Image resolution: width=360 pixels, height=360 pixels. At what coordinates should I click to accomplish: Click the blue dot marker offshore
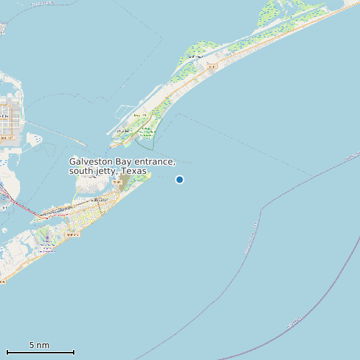179,179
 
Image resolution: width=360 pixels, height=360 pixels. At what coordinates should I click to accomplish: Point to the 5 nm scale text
39,345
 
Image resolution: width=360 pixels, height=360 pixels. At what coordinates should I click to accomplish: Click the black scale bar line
40,352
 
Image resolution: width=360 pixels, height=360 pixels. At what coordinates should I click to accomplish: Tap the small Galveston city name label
99,199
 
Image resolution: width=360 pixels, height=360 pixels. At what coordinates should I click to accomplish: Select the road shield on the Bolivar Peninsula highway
211,66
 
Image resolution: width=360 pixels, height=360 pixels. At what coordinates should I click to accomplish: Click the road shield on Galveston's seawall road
72,234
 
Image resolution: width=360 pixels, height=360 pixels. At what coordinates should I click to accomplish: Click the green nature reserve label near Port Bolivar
146,132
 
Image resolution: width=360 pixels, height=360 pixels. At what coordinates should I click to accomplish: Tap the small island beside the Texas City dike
33,139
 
